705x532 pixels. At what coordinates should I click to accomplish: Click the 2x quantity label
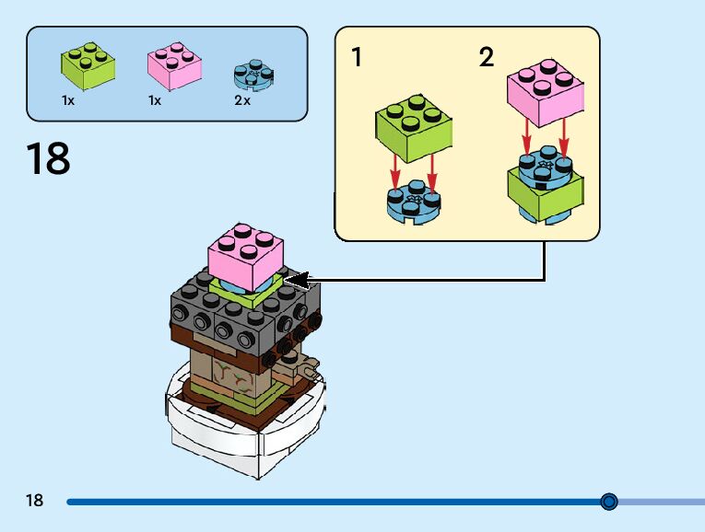pos(242,100)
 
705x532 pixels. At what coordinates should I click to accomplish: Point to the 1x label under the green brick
pos(68,100)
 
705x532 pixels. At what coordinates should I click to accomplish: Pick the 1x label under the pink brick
pos(154,100)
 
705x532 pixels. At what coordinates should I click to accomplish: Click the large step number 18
pos(48,158)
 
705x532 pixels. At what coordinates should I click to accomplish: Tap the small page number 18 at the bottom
pos(34,501)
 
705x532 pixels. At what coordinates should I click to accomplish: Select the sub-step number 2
pos(486,58)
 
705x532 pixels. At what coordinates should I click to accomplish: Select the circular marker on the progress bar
pos(608,502)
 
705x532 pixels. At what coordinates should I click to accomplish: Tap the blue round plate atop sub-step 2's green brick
pos(546,163)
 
